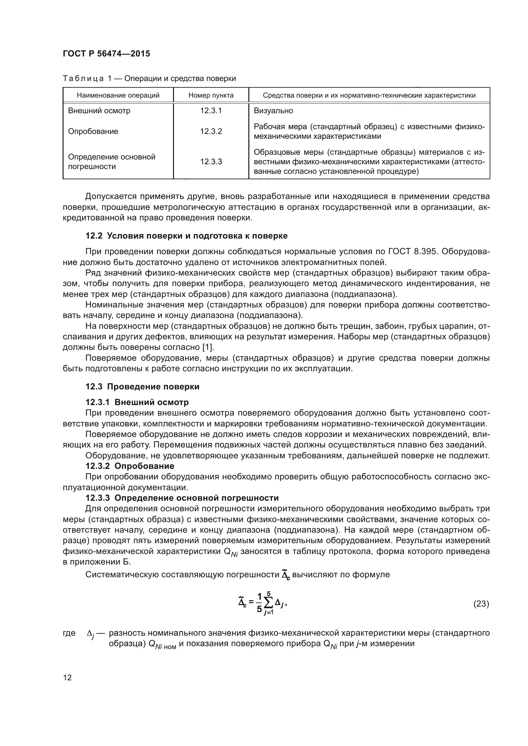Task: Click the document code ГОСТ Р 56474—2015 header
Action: (x=106, y=54)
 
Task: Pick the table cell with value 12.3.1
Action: (x=211, y=110)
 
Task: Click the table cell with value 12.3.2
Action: (x=211, y=131)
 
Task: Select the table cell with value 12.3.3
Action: (x=211, y=161)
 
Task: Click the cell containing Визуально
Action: (x=273, y=110)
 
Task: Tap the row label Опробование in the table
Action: (x=93, y=131)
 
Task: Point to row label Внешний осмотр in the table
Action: (x=99, y=110)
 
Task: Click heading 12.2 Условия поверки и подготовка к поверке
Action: (x=186, y=236)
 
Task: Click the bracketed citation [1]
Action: (x=208, y=347)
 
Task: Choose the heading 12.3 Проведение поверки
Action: (x=142, y=387)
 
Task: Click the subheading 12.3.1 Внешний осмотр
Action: (x=137, y=402)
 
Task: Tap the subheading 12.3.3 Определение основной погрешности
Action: (x=182, y=498)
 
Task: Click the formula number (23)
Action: (x=481, y=604)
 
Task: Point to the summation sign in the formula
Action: (x=268, y=604)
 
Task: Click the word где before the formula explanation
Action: (x=69, y=633)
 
